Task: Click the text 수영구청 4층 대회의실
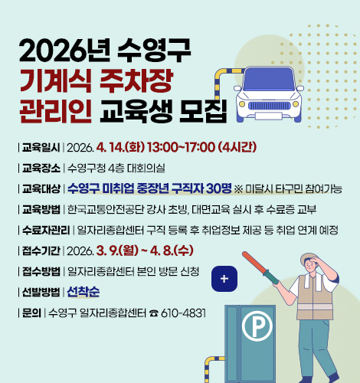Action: click(115, 168)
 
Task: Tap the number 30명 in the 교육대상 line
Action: click(218, 188)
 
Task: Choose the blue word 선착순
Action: click(85, 291)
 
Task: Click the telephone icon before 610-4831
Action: click(153, 313)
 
